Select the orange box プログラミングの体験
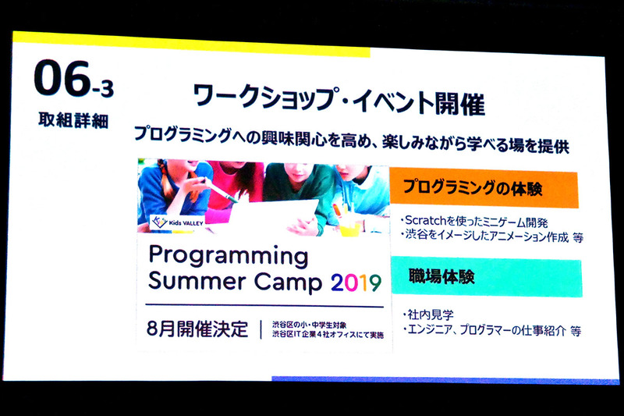pyautogui.click(x=484, y=189)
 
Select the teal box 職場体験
pyautogui.click(x=484, y=276)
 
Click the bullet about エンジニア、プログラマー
pyautogui.click(x=491, y=329)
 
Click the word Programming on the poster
pyautogui.click(x=229, y=256)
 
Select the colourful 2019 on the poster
pyautogui.click(x=356, y=281)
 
